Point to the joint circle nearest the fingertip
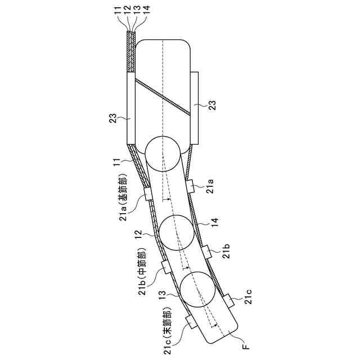[197, 290]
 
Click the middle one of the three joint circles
[177, 233]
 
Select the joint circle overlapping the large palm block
[163, 154]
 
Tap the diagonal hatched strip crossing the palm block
[163, 97]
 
